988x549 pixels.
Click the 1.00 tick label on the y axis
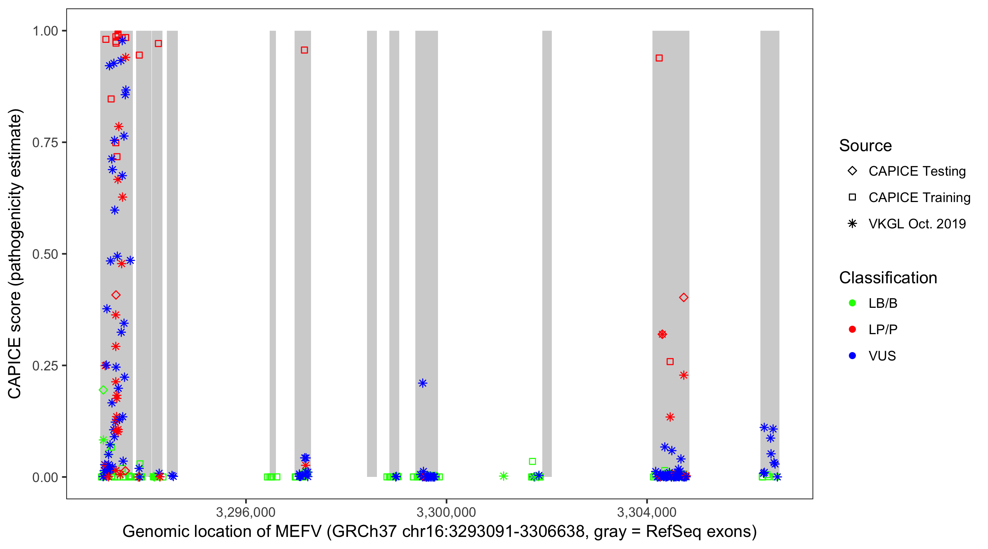coord(45,31)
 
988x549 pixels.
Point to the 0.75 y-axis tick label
coord(45,143)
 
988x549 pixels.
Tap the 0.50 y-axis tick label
coord(45,254)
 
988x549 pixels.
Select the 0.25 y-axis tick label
coord(45,366)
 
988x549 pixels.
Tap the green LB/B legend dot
coord(852,303)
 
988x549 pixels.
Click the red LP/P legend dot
coord(852,329)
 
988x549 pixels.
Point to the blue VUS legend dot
coord(852,356)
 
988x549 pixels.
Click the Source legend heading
coord(865,146)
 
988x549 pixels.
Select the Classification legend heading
coord(888,278)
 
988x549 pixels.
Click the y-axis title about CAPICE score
coord(15,254)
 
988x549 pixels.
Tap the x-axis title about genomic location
coord(439,532)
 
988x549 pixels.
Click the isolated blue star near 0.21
coord(422,383)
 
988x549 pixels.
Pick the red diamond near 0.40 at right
coord(684,297)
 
